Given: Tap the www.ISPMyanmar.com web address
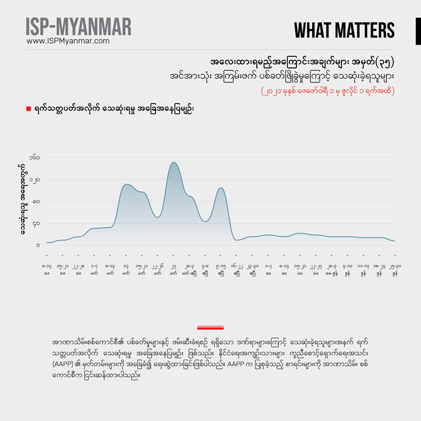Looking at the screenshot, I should (68, 41).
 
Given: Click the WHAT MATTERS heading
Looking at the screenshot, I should (344, 30).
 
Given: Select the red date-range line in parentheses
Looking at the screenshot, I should (327, 91).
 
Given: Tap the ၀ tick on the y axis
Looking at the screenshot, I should (37, 245).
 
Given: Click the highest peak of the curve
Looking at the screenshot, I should (173, 163).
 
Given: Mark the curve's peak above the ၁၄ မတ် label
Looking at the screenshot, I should (126, 185).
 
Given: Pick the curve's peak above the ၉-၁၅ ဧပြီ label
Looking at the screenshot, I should (220, 188).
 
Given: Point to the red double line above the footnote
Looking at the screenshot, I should (210, 327).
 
